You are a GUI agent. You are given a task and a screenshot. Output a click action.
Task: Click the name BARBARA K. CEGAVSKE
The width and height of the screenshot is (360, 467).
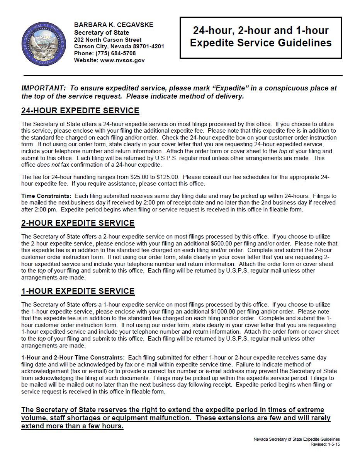click(x=114, y=25)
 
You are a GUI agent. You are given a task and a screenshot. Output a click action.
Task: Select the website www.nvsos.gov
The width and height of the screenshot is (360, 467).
click(x=122, y=60)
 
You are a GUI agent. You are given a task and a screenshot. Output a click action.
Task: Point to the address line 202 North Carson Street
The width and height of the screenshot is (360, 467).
click(x=108, y=39)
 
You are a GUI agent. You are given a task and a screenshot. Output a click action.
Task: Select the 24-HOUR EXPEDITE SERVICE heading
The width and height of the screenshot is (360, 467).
click(x=80, y=111)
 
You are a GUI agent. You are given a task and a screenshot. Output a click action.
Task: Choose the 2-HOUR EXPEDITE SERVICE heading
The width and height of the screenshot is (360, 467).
click(x=78, y=223)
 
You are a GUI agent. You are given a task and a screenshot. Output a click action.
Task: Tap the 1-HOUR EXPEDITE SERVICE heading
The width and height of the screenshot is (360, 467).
click(x=78, y=291)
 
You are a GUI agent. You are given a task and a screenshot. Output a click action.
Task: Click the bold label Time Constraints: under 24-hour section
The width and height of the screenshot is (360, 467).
click(x=46, y=196)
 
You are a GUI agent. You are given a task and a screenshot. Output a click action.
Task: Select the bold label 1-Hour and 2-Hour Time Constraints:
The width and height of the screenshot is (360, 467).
click(x=73, y=358)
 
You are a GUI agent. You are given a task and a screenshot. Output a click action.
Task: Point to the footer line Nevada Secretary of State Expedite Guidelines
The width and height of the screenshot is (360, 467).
click(x=296, y=440)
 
